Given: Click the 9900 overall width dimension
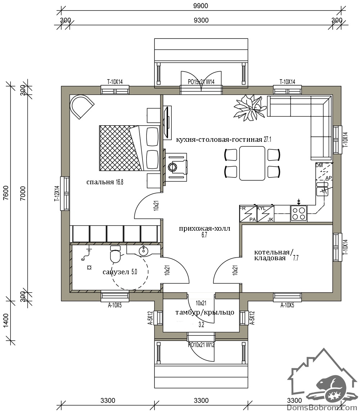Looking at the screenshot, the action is [x=201, y=5].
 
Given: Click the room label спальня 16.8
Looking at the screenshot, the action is [x=105, y=182].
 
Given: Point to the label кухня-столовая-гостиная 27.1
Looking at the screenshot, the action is [x=224, y=139].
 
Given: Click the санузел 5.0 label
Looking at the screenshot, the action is [x=120, y=272].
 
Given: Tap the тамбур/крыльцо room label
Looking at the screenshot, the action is [x=205, y=312].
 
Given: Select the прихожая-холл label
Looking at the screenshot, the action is [x=204, y=229].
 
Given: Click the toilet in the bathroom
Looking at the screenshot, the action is [x=115, y=254].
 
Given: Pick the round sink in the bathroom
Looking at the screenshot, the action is [x=143, y=251].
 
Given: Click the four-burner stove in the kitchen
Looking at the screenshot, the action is [x=298, y=213].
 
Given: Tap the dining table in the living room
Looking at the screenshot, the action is [x=252, y=163].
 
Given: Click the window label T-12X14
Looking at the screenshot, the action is [x=57, y=194].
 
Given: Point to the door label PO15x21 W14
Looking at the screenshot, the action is [x=201, y=82].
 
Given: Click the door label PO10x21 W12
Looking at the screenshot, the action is [x=201, y=345].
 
